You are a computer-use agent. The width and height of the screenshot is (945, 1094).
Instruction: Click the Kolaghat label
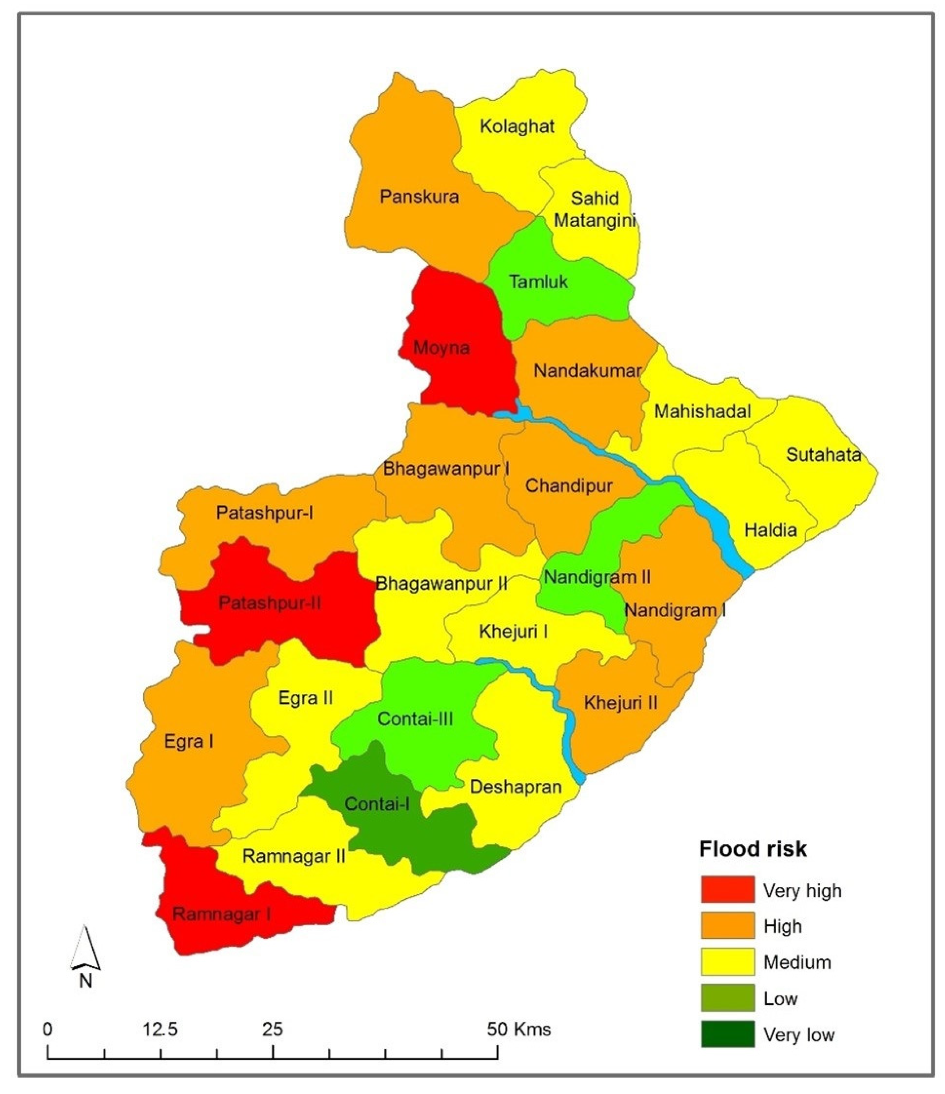click(x=517, y=127)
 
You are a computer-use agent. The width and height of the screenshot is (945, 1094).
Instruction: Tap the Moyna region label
click(x=441, y=347)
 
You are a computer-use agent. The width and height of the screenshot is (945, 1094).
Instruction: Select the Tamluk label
click(x=538, y=281)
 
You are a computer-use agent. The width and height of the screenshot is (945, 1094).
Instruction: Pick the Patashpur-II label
click(x=269, y=603)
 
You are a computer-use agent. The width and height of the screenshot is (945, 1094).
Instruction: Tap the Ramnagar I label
click(x=222, y=914)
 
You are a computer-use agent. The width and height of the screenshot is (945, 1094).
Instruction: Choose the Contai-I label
click(x=377, y=804)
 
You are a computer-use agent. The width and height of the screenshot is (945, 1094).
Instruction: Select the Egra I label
click(x=188, y=742)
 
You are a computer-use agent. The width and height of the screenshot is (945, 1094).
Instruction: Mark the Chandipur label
click(x=569, y=486)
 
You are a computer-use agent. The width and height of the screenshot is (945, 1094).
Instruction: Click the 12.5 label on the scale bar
click(x=160, y=1029)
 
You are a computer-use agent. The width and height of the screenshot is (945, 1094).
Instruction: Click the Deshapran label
click(x=515, y=787)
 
